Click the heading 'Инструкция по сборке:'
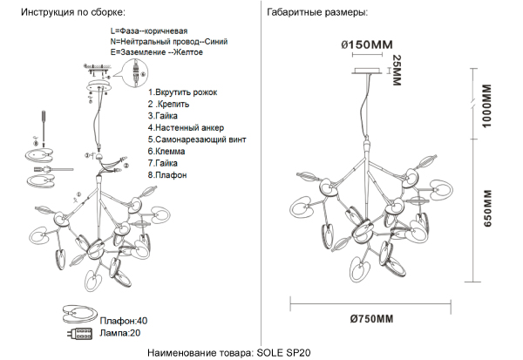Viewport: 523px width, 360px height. point(72,14)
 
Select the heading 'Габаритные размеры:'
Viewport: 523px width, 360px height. point(318,14)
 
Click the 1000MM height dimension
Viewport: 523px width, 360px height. point(486,106)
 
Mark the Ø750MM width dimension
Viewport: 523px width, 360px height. point(368,318)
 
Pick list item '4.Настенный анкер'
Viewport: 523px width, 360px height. point(185,127)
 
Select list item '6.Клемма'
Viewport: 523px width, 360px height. point(166,151)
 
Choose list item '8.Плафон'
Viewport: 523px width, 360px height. point(167,174)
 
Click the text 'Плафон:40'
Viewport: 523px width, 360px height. point(123,321)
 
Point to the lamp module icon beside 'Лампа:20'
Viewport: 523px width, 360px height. point(78,333)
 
